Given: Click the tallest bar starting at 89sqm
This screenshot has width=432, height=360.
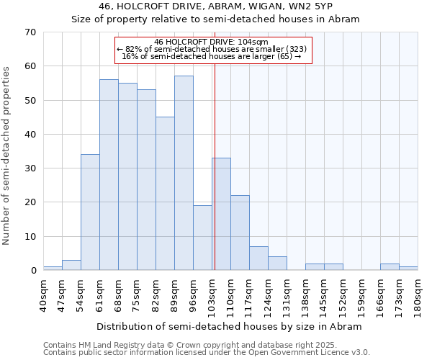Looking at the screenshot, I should click(184, 173).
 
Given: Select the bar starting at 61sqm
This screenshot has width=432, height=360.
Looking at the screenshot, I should click(109, 175).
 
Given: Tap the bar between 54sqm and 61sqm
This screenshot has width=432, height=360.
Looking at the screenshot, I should click(90, 212).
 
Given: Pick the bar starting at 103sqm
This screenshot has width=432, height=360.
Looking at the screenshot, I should click(221, 214).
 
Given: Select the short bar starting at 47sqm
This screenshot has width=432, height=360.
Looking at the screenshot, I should click(71, 265).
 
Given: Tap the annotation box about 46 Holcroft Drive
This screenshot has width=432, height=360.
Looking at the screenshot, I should click(213, 50).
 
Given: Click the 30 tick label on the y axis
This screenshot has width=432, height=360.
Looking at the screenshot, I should click(30, 168).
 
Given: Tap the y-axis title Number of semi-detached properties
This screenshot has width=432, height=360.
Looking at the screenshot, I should click(7, 156).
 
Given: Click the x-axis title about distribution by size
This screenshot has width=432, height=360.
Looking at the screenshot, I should click(230, 326).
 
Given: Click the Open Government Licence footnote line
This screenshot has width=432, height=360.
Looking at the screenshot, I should click(207, 353).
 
